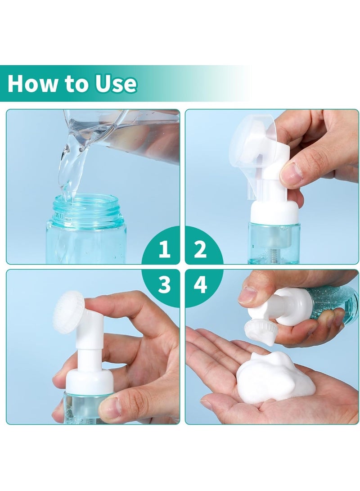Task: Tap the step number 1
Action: point(164,249)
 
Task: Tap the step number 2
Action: point(200,249)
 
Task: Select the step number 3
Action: point(164,284)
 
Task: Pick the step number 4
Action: point(200,284)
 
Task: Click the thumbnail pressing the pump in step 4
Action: point(249,295)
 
